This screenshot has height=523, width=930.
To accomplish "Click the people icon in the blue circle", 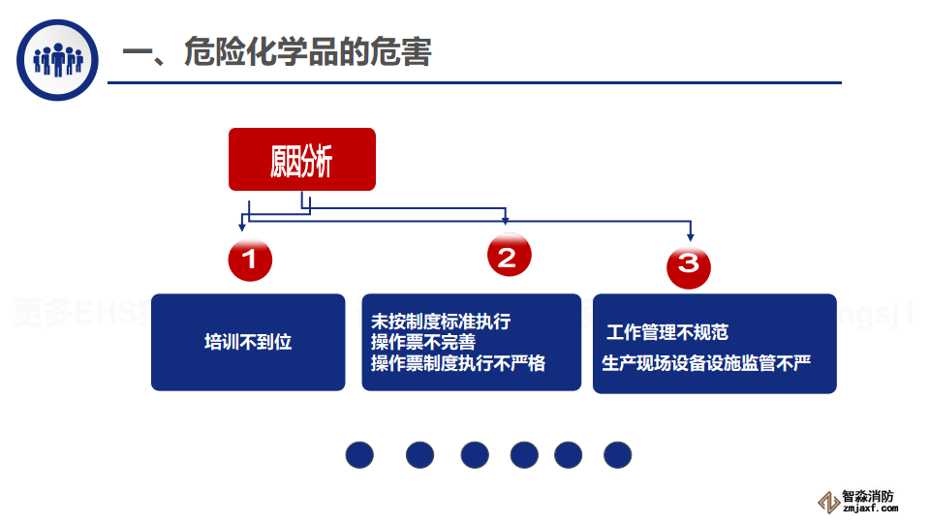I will (x=58, y=60).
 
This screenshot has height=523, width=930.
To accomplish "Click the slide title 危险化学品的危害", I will (x=276, y=52).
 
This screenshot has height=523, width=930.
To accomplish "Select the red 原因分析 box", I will (x=301, y=160).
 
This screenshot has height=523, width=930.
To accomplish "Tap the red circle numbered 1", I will (x=250, y=260).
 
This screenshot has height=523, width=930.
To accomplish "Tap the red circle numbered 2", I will (x=509, y=256).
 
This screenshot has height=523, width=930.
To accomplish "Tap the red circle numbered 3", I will (x=689, y=266).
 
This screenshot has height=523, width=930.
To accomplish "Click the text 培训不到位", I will (x=248, y=342).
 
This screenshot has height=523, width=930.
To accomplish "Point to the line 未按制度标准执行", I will (x=440, y=322).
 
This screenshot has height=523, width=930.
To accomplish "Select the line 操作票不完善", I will (x=423, y=342).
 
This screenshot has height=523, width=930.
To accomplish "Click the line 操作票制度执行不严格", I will (x=458, y=363).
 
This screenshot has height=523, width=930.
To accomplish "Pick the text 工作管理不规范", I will (x=667, y=332).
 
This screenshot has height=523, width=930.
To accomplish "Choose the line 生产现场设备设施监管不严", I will (x=706, y=363).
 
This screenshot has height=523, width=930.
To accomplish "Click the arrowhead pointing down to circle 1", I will (x=242, y=227).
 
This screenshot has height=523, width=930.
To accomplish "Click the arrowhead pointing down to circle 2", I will (x=505, y=221).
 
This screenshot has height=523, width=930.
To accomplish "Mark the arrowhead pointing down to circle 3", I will (x=690, y=237).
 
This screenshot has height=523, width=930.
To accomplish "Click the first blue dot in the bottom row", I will (x=359, y=454).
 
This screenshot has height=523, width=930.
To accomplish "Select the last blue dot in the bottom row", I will (x=617, y=454).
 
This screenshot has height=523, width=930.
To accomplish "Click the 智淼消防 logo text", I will (x=868, y=495).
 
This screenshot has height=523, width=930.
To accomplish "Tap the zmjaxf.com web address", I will (x=869, y=508).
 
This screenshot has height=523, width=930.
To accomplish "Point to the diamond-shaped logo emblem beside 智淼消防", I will (x=828, y=502).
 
